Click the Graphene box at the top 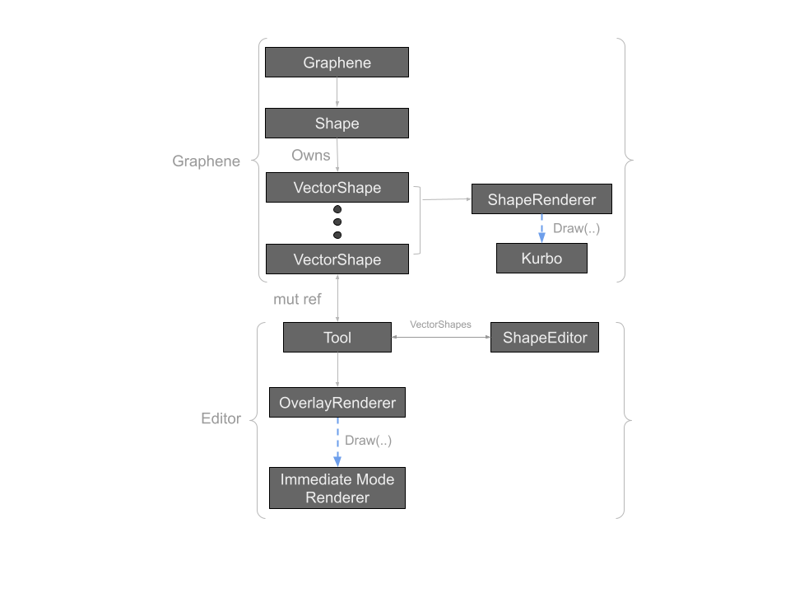point(337,63)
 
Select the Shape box point(337,124)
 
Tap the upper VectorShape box point(337,188)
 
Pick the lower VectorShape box point(337,259)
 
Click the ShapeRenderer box point(541,199)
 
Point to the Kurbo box point(541,259)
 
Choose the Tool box point(337,338)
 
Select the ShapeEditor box point(544,338)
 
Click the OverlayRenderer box point(337,403)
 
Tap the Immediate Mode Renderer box point(337,488)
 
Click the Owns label point(310,155)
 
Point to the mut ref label point(297,299)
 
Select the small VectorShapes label point(440,325)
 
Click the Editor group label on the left point(221,419)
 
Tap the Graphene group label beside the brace point(206,161)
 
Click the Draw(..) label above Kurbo point(576,228)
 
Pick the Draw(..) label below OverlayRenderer point(368,441)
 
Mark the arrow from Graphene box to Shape point(337,93)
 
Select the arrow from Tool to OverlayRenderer point(337,370)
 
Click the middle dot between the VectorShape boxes point(337,222)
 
